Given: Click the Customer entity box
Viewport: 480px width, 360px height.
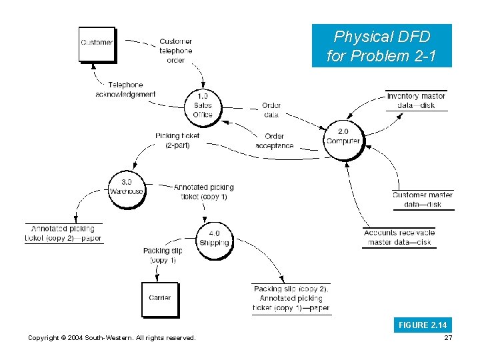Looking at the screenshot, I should (97, 43).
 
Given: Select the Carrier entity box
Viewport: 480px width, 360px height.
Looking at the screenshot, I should (160, 299).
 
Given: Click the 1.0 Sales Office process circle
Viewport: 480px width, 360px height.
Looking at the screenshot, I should (203, 106).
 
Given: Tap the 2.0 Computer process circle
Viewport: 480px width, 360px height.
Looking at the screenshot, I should (343, 137).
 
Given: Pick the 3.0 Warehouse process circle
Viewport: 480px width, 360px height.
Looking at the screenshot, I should (126, 187).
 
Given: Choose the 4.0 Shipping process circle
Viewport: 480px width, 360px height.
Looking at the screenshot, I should (214, 238).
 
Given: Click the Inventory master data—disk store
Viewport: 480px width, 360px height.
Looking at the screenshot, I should (416, 101).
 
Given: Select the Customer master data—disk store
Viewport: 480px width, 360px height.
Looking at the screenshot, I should (423, 199).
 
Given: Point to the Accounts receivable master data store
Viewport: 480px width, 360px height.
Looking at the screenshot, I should (399, 237).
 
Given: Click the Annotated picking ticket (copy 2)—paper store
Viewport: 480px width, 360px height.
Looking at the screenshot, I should (64, 233).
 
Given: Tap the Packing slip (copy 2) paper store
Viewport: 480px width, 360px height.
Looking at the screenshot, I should (291, 298).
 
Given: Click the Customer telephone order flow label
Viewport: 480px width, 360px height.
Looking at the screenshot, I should (176, 51).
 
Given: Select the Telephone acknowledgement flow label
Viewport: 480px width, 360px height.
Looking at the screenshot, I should (125, 90).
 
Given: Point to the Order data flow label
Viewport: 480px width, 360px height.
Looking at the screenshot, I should (271, 110).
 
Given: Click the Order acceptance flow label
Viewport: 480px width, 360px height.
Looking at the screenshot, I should (274, 141).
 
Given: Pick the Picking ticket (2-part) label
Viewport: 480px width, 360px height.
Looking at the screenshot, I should (177, 140).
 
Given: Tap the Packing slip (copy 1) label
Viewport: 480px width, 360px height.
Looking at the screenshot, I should (163, 255).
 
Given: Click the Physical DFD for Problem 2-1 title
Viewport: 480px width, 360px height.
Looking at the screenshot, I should (381, 46).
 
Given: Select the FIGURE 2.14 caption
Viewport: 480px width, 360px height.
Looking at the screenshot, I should (423, 325).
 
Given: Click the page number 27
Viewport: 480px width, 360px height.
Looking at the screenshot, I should (447, 338).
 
